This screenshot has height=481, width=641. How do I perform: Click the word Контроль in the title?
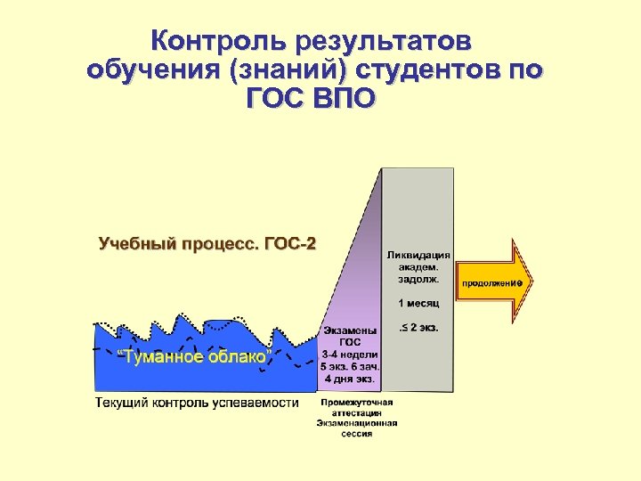pos(211,41)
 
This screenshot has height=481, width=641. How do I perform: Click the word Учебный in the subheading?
pos(136,243)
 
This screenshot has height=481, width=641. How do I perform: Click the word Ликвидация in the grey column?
pos(418,254)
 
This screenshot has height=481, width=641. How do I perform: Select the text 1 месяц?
pos(418,303)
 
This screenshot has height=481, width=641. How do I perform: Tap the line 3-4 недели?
pos(349,354)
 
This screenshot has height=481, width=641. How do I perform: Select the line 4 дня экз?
pos(349,378)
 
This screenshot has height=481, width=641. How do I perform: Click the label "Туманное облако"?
pos(195,357)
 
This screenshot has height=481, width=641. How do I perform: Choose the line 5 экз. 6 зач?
pos(350,365)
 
